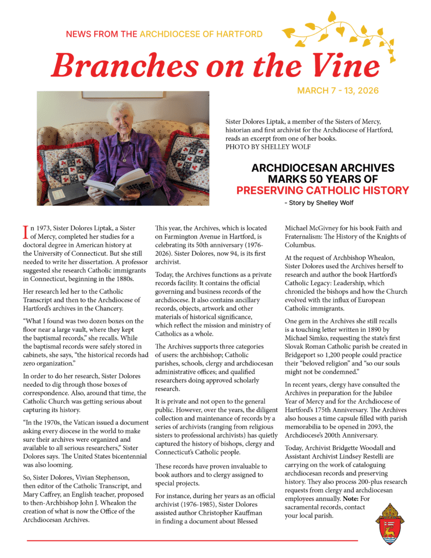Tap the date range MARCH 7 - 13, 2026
pyautogui.click(x=338, y=90)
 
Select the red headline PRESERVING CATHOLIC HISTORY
pyautogui.click(x=323, y=190)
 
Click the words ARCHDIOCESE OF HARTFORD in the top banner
pyautogui.click(x=201, y=34)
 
